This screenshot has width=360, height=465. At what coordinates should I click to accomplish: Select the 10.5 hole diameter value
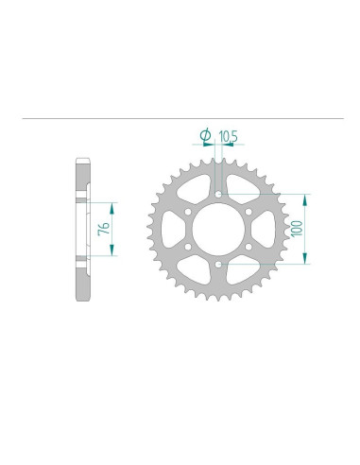[x=227, y=136]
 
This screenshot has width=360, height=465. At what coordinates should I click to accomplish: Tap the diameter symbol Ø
[x=205, y=134]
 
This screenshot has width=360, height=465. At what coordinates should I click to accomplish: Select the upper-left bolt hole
[x=187, y=212]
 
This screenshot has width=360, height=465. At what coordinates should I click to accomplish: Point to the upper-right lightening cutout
[x=242, y=188]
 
